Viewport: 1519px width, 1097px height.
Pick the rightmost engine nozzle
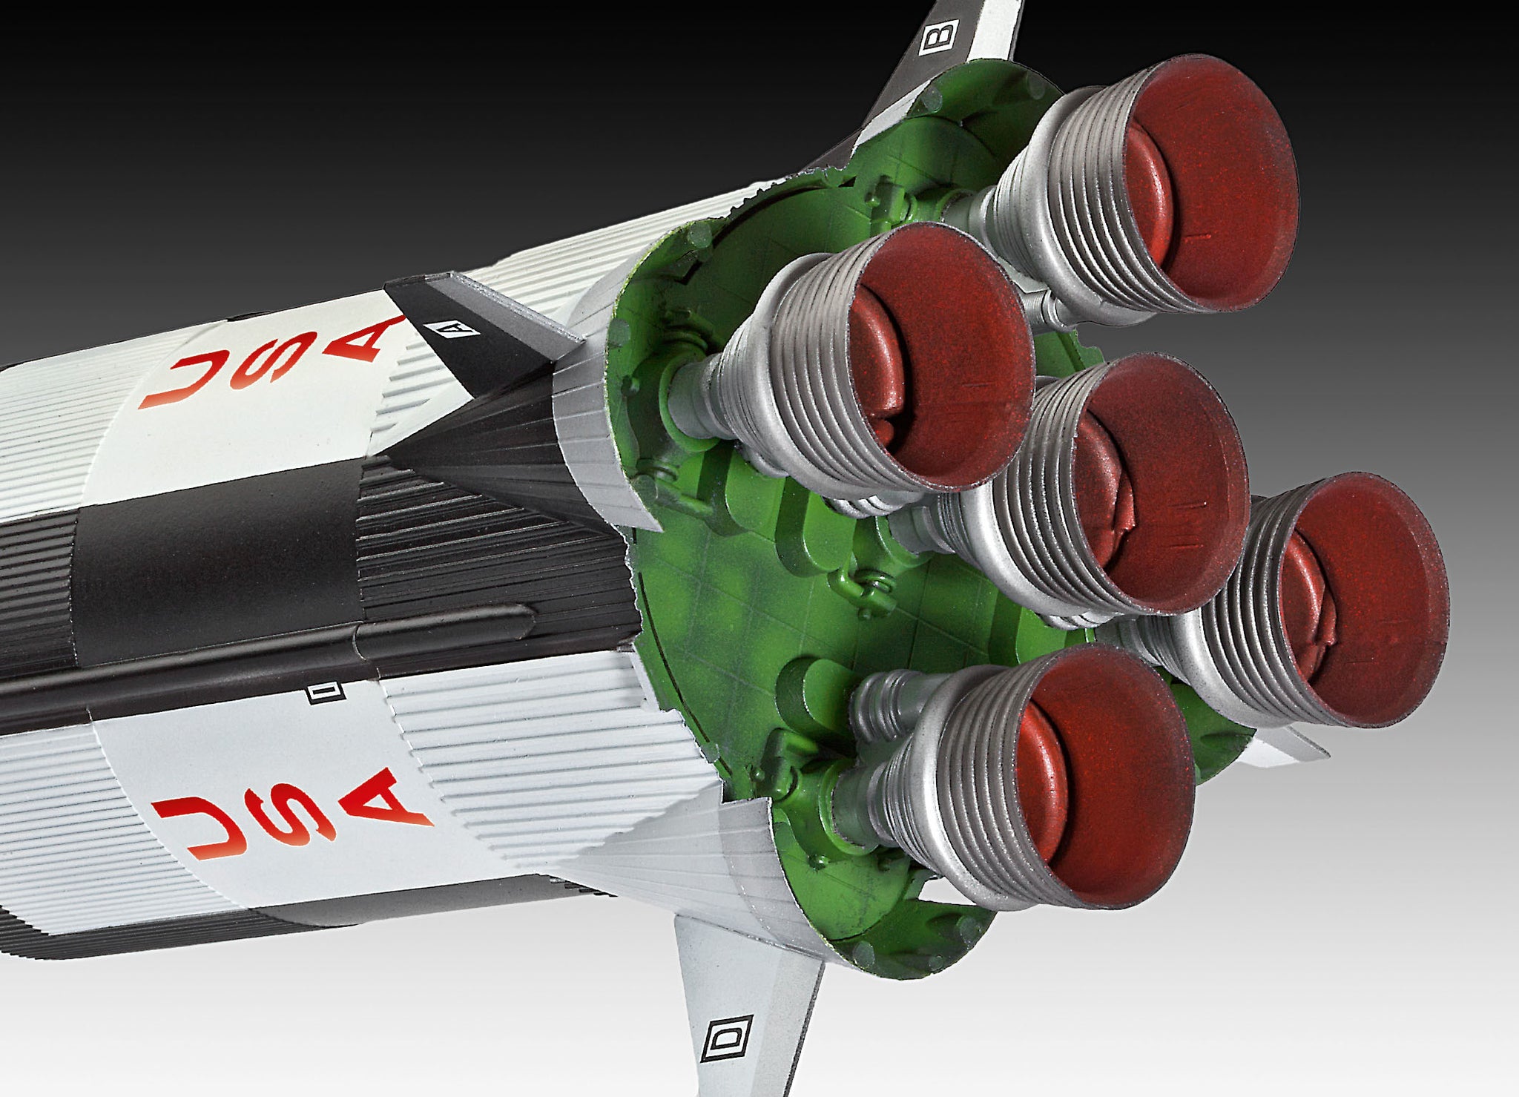pyautogui.click(x=1335, y=601)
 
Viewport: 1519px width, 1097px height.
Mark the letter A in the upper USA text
pyautogui.click(x=363, y=341)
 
